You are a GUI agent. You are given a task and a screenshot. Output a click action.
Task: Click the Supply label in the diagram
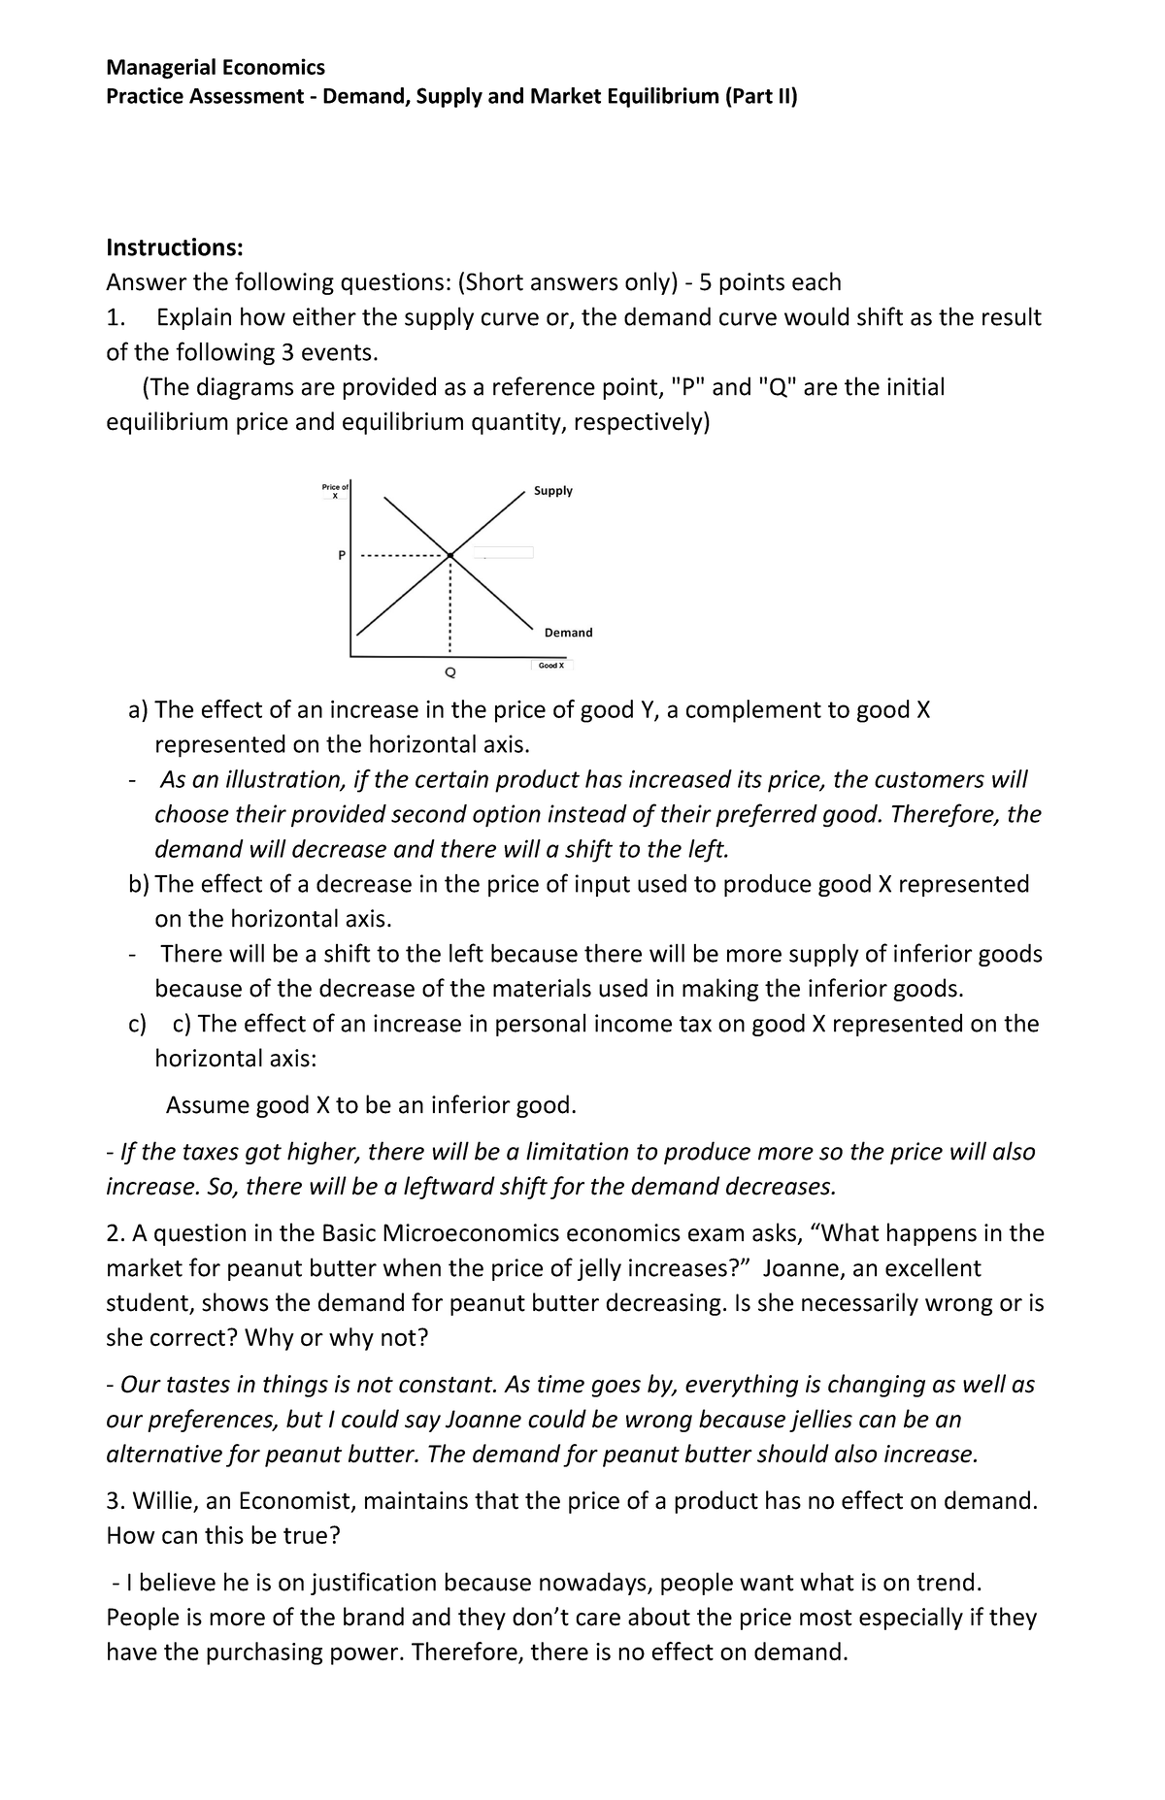(x=553, y=491)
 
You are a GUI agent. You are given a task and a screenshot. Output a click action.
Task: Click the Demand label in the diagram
(x=568, y=633)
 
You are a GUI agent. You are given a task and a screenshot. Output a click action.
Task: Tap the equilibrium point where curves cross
(x=450, y=555)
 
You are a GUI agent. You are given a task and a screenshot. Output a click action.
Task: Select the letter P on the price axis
(x=341, y=556)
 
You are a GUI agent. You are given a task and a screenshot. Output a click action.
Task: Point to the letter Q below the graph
(x=449, y=671)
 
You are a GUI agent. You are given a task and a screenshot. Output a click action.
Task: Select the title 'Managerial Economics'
(x=216, y=67)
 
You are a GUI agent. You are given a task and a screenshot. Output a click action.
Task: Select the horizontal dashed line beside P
(x=403, y=556)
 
